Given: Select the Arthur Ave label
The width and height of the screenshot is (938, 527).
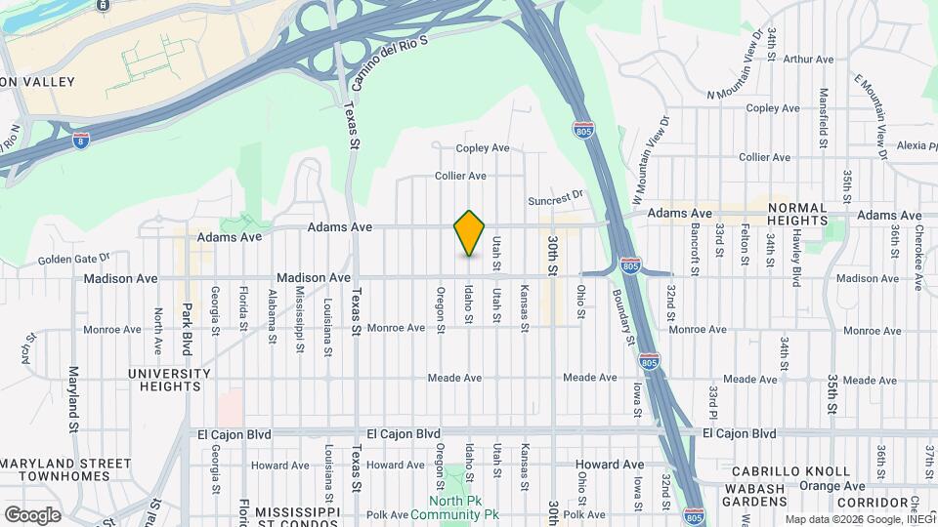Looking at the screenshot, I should (x=808, y=60).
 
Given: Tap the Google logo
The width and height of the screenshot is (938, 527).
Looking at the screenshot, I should (x=32, y=514).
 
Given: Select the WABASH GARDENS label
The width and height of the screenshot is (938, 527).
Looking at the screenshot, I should (x=754, y=495).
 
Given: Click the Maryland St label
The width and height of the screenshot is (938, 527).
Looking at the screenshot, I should (x=73, y=399).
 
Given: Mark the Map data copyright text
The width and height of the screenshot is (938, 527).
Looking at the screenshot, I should (x=859, y=518).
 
